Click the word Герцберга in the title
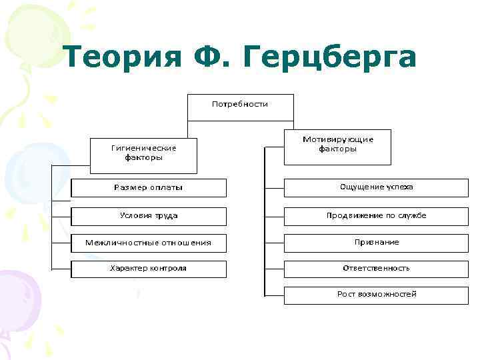334,59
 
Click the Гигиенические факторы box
143,154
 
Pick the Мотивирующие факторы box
337,146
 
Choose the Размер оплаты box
149,188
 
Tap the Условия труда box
149,216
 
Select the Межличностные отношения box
149,243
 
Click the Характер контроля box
149,269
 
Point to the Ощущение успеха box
377,187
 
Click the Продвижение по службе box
377,216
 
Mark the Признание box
377,242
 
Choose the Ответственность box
377,269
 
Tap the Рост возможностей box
377,295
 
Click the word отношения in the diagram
187,243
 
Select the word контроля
167,269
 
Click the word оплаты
166,188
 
